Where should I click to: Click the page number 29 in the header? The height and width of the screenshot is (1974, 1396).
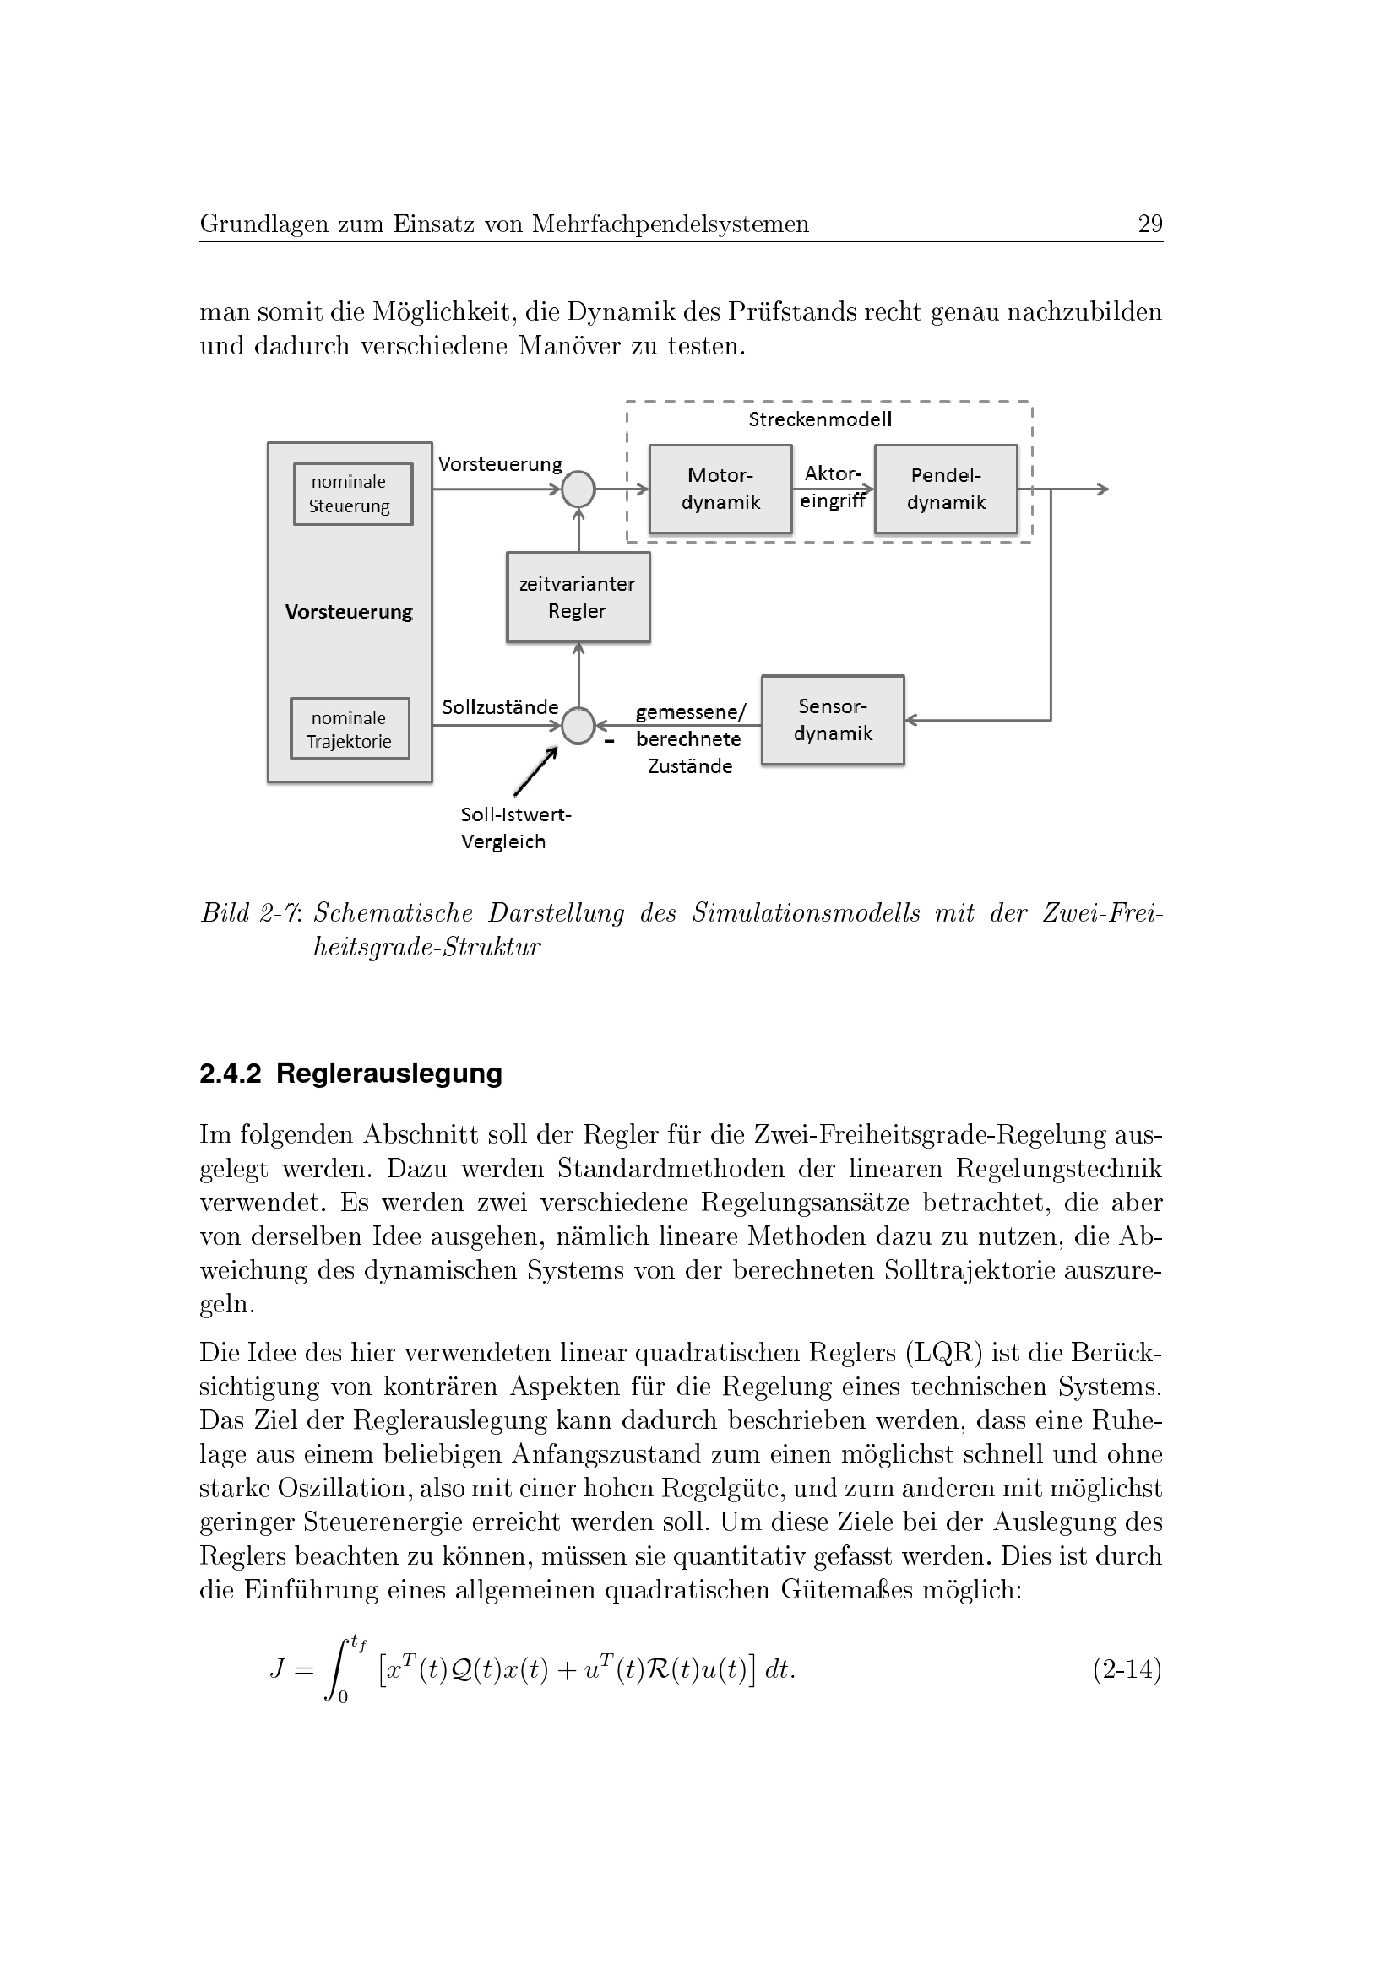click(x=1149, y=224)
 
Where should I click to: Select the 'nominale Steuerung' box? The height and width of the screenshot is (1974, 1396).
click(x=353, y=495)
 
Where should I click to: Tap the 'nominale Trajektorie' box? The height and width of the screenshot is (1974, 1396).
click(x=350, y=729)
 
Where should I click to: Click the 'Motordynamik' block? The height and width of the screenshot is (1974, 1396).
click(x=720, y=489)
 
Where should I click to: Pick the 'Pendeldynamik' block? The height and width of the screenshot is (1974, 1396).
click(x=945, y=489)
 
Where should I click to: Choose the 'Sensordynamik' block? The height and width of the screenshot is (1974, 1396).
click(x=833, y=721)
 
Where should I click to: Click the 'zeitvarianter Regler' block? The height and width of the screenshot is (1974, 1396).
click(x=578, y=598)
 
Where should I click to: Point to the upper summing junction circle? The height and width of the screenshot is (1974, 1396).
click(x=578, y=489)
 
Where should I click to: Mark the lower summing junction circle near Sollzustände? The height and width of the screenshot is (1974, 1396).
click(x=578, y=726)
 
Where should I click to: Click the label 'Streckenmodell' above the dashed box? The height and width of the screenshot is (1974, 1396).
click(x=820, y=419)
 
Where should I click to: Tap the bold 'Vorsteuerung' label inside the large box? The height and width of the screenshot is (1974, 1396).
click(x=350, y=612)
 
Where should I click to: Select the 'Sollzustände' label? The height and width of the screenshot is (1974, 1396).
click(x=500, y=707)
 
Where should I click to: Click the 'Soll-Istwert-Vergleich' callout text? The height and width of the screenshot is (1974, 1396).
click(x=514, y=828)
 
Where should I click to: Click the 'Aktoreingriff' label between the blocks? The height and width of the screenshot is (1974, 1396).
click(x=832, y=488)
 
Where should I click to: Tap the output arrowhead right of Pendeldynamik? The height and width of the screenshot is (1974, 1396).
click(x=1104, y=489)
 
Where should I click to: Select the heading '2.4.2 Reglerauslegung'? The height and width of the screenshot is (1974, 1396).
click(x=351, y=1074)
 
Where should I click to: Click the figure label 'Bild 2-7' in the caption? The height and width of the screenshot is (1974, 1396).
click(x=249, y=913)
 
